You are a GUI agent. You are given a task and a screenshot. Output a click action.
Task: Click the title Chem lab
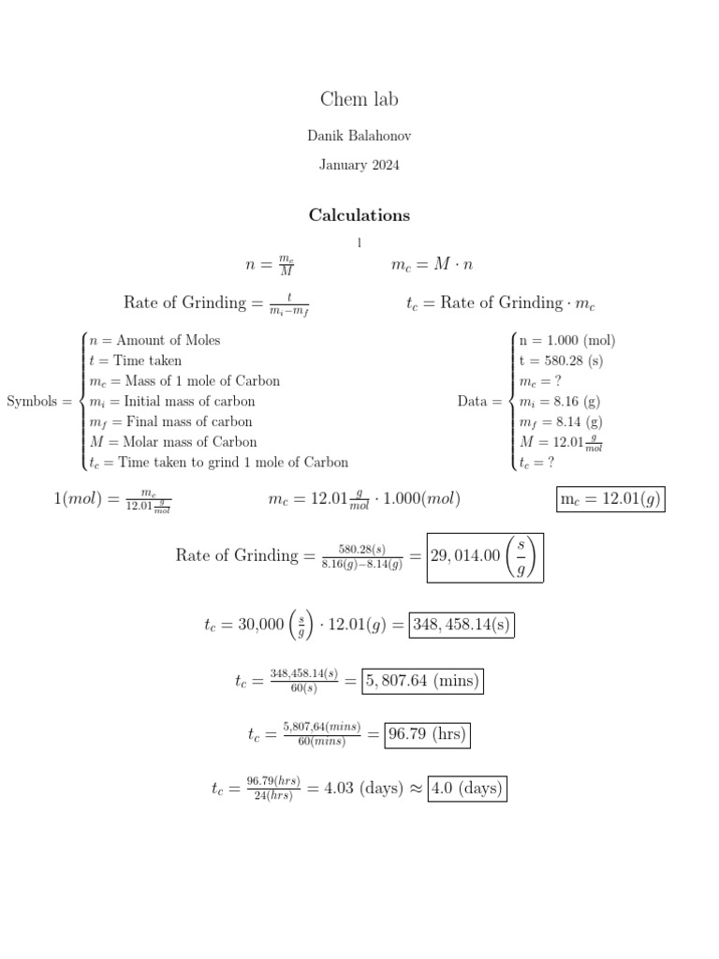(x=359, y=99)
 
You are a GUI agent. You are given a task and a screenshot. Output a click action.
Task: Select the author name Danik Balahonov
(x=359, y=136)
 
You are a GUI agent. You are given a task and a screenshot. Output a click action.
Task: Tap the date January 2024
(x=359, y=165)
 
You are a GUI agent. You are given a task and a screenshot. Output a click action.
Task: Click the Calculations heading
(x=359, y=215)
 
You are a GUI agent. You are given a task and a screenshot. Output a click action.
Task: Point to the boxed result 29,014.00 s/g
(x=484, y=556)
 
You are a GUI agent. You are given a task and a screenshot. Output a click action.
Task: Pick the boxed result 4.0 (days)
(x=466, y=789)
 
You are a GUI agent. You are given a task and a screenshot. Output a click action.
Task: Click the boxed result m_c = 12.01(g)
(x=610, y=499)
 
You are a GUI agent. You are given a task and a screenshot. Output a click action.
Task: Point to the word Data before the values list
(x=473, y=402)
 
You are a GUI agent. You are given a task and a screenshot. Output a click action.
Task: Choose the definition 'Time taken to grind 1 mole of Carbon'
(x=232, y=462)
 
